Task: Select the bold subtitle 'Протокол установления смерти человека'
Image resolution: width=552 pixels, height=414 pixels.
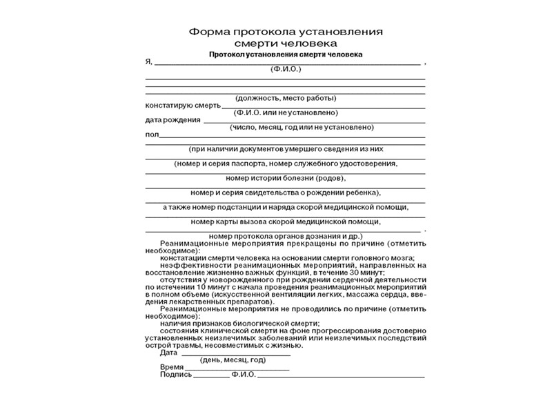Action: tap(285, 54)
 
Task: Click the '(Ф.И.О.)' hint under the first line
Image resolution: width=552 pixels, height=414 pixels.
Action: tap(286, 70)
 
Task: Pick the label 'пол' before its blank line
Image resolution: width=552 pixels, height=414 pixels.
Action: tap(151, 135)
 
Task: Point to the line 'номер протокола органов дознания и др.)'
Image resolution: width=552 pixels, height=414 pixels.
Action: tap(285, 235)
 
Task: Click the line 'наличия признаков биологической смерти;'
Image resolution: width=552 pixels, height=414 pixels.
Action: tap(239, 323)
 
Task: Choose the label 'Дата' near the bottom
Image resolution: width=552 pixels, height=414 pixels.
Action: tap(169, 353)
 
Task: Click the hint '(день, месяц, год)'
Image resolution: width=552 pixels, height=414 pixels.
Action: tap(233, 360)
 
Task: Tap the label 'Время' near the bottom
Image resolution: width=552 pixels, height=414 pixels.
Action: tap(171, 367)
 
